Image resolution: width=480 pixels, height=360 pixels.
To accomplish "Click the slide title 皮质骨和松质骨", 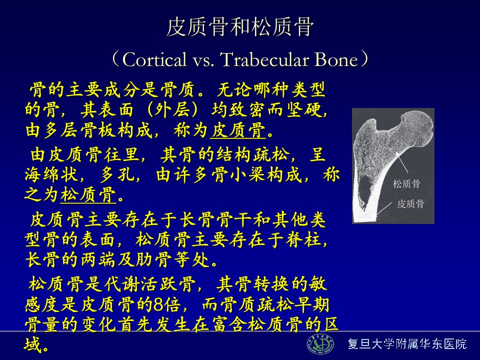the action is [240, 27].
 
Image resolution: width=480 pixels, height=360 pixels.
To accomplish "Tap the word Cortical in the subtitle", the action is [154, 59].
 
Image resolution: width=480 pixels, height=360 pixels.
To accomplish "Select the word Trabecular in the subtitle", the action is [264, 59].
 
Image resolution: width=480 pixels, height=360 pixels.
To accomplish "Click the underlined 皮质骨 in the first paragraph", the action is [238, 130].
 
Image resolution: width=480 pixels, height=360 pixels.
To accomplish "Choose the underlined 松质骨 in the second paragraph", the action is [88, 194].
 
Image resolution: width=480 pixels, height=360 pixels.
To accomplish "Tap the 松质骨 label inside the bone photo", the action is [406, 184].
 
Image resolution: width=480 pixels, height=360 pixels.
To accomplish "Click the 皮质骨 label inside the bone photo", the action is [411, 203].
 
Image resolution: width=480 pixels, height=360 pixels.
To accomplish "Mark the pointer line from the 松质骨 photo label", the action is [401, 163].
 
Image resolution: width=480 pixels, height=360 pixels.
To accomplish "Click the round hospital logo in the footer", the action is [320, 344].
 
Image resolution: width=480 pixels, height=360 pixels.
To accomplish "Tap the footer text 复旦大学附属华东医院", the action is [407, 344].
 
